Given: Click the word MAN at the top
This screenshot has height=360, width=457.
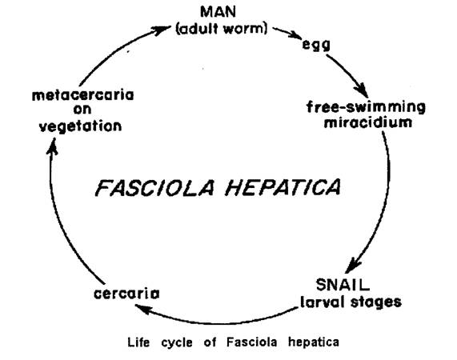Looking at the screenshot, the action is (x=218, y=12).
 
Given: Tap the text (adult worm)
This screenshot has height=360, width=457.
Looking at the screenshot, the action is (x=222, y=29).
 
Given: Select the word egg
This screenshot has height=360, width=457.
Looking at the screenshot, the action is (x=316, y=45).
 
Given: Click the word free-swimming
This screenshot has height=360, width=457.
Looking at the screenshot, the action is (x=366, y=107).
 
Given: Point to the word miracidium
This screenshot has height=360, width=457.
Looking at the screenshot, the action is (x=368, y=122).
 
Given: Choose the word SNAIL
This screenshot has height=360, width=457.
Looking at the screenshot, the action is (x=343, y=285).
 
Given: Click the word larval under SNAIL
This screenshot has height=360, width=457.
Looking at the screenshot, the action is (x=323, y=302).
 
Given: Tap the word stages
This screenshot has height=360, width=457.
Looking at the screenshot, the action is (x=376, y=302).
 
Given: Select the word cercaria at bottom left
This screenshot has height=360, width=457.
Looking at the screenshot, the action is (x=126, y=294).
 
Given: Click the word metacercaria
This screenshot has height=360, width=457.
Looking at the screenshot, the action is (x=82, y=95).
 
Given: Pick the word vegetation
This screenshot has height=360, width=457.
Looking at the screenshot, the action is (x=81, y=126).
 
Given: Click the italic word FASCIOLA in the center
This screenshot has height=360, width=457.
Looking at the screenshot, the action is (x=154, y=187).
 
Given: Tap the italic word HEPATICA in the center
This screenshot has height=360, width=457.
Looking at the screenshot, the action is (x=283, y=187).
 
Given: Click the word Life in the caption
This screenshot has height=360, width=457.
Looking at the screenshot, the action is (x=138, y=342).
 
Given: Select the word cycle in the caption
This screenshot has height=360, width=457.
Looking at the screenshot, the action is (x=177, y=343).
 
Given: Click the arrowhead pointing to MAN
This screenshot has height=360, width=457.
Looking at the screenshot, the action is (x=162, y=30).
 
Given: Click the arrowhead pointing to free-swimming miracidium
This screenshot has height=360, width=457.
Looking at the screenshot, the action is (x=361, y=90).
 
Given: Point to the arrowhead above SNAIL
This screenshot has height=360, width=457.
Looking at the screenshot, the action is (x=353, y=266).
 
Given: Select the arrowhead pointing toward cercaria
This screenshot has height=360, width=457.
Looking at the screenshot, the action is (x=142, y=309).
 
